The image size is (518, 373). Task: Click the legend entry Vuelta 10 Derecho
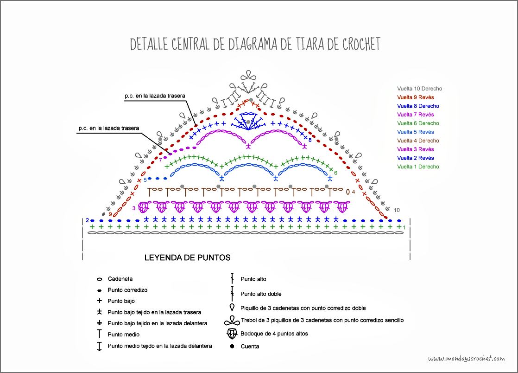tap(419, 89)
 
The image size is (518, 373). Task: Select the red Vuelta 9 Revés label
tap(415, 97)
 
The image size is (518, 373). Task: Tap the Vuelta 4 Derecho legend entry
tap(418, 141)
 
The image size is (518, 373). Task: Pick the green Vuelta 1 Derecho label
tap(418, 167)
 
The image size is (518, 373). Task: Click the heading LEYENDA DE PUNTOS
tap(187, 257)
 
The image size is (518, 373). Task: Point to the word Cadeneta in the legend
tap(120, 279)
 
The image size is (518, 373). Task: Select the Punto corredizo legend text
tap(127, 290)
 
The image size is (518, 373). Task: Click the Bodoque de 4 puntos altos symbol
tap(232, 334)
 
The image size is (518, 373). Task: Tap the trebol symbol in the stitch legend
tap(232, 321)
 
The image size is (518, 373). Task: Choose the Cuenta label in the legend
tap(250, 346)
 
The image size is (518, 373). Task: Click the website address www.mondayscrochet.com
tap(466, 359)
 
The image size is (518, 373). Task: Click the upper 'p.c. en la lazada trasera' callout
tap(154, 96)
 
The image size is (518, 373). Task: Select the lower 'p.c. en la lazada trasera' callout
tap(108, 128)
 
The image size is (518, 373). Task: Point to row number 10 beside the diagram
tap(397, 210)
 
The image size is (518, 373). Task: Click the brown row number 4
tap(354, 192)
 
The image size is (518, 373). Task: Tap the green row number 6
tap(335, 173)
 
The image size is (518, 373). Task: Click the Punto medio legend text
tap(123, 334)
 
